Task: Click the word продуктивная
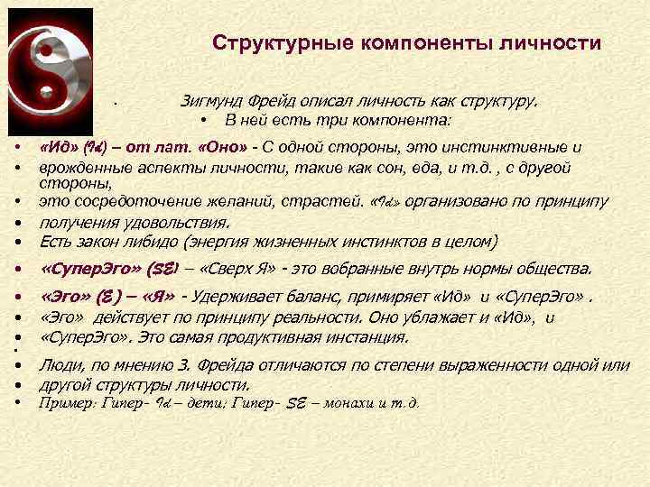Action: coord(268,336)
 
